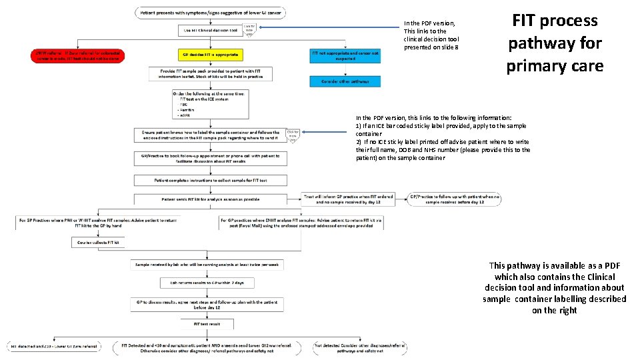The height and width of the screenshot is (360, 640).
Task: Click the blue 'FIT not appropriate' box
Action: (345, 55)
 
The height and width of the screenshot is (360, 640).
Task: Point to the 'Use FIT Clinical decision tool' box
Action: (211, 30)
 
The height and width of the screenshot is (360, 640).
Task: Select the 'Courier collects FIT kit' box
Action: (98, 243)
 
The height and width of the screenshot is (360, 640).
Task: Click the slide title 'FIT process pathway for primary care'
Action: (555, 43)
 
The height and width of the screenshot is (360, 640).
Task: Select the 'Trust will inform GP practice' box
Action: (347, 199)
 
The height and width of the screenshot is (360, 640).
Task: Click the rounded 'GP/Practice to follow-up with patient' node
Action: (454, 199)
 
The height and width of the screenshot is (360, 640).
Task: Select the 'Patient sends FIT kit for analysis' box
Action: (211, 199)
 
